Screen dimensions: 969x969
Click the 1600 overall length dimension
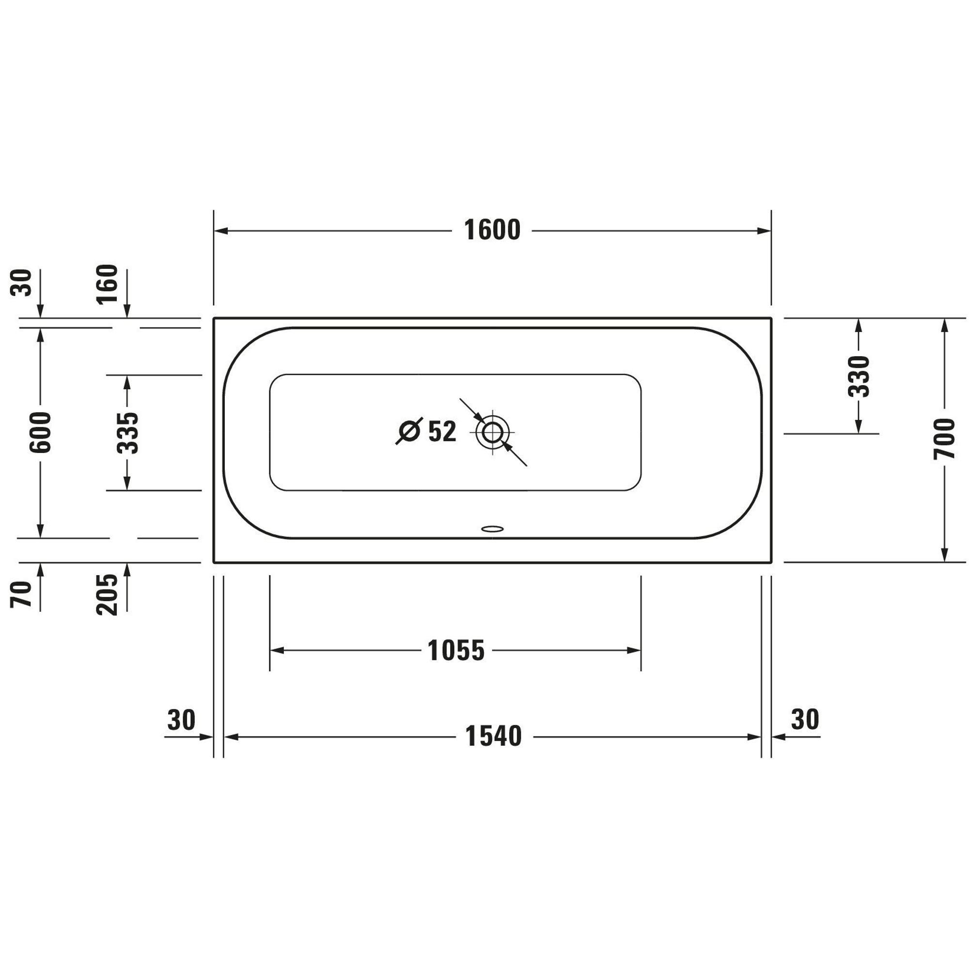[x=492, y=231]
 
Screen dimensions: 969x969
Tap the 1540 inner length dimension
[x=494, y=737]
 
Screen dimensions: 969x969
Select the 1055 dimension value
[x=456, y=651]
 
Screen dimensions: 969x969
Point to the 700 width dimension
[x=944, y=439]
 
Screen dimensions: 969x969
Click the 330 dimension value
[x=858, y=376]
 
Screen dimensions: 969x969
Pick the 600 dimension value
[x=40, y=432]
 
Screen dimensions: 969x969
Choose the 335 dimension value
[x=127, y=433]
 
